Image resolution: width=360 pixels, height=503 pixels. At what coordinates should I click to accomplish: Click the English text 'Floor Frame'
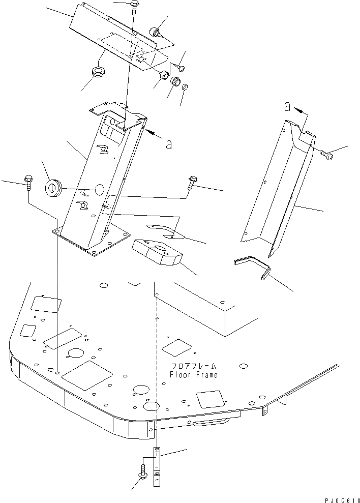coord(194,375)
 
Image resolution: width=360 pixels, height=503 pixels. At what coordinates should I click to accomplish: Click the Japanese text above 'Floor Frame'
coord(194,366)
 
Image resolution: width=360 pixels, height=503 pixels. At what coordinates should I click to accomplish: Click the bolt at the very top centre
coord(134,5)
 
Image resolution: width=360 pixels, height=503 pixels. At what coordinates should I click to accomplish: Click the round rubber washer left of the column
coord(53,187)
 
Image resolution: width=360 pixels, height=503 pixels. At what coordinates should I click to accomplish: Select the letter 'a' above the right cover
coord(287,107)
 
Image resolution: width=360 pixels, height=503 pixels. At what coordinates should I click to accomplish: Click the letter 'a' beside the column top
coord(168,144)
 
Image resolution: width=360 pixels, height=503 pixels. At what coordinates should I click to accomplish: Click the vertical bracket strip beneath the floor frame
coord(157,466)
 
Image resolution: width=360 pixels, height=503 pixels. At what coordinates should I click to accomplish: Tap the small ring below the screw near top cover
coord(186,87)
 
